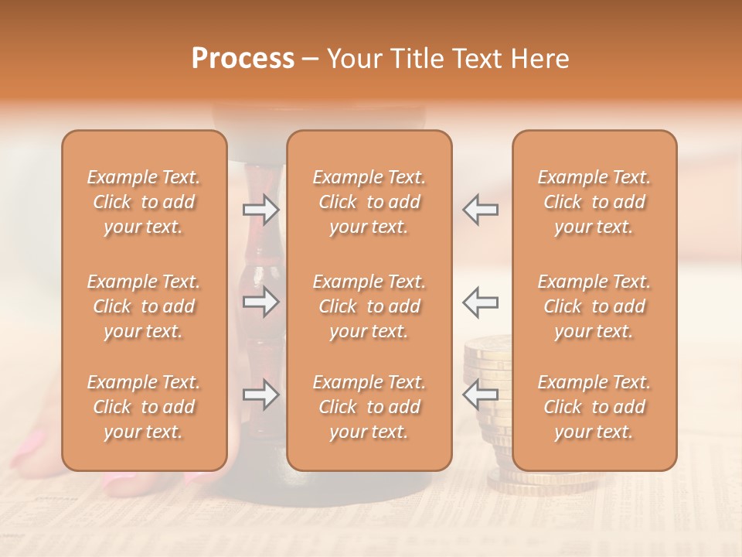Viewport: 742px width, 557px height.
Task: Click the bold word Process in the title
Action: pos(243,59)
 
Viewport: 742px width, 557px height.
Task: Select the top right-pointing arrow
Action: pos(260,210)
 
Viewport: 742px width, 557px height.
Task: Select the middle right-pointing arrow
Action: pos(260,302)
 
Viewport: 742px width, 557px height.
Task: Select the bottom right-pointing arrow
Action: pos(260,395)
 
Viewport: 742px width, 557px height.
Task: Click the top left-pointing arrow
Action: pos(481,210)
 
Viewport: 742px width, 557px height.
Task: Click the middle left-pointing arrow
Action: pos(481,302)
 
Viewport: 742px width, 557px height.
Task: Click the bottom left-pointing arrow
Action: pos(481,395)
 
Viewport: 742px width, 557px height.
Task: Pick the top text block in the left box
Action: pos(144,202)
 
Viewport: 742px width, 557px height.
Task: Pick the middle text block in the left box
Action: pos(144,306)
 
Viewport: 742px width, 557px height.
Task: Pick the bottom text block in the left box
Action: pos(144,407)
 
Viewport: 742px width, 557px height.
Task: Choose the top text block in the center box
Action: pos(369,202)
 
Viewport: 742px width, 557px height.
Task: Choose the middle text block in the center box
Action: pos(369,306)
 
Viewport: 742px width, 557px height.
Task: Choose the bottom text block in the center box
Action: pos(369,407)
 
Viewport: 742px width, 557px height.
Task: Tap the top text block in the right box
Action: pos(594,202)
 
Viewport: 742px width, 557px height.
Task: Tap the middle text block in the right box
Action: pos(594,306)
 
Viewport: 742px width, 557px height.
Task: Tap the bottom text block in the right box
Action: pos(594,407)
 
